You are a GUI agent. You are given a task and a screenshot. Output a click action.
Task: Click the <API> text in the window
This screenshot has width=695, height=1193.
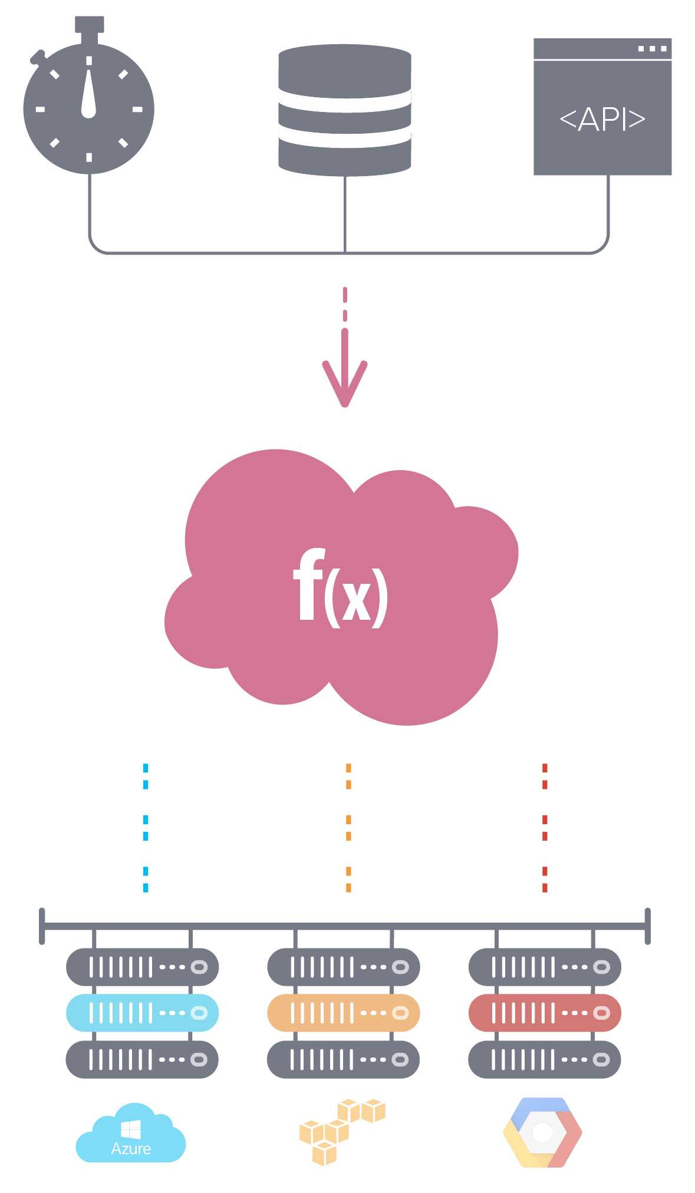(x=602, y=120)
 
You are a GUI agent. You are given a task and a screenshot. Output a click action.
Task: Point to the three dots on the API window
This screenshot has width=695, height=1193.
(x=652, y=49)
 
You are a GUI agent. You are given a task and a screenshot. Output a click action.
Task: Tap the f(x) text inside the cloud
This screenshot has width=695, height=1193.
(x=341, y=589)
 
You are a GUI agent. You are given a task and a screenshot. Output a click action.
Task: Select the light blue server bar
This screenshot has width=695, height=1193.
(x=142, y=1013)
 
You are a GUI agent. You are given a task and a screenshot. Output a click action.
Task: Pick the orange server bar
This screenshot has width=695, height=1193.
(x=343, y=1013)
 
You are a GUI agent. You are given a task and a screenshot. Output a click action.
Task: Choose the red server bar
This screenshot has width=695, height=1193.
(x=545, y=1013)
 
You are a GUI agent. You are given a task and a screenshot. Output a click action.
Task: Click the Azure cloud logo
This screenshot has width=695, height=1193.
(x=131, y=1134)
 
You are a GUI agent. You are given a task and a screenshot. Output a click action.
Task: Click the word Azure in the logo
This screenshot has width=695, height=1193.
(x=131, y=1149)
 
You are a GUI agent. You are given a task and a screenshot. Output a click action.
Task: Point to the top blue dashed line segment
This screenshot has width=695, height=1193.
(x=146, y=776)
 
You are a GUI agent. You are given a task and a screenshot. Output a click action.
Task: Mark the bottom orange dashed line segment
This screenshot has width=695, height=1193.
(x=348, y=880)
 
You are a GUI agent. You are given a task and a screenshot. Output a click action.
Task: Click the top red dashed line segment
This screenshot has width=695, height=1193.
(x=545, y=776)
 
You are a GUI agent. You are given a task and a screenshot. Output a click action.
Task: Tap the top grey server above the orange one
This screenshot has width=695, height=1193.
(x=343, y=967)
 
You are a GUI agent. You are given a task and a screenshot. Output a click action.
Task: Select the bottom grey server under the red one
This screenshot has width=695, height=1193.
(x=545, y=1059)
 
